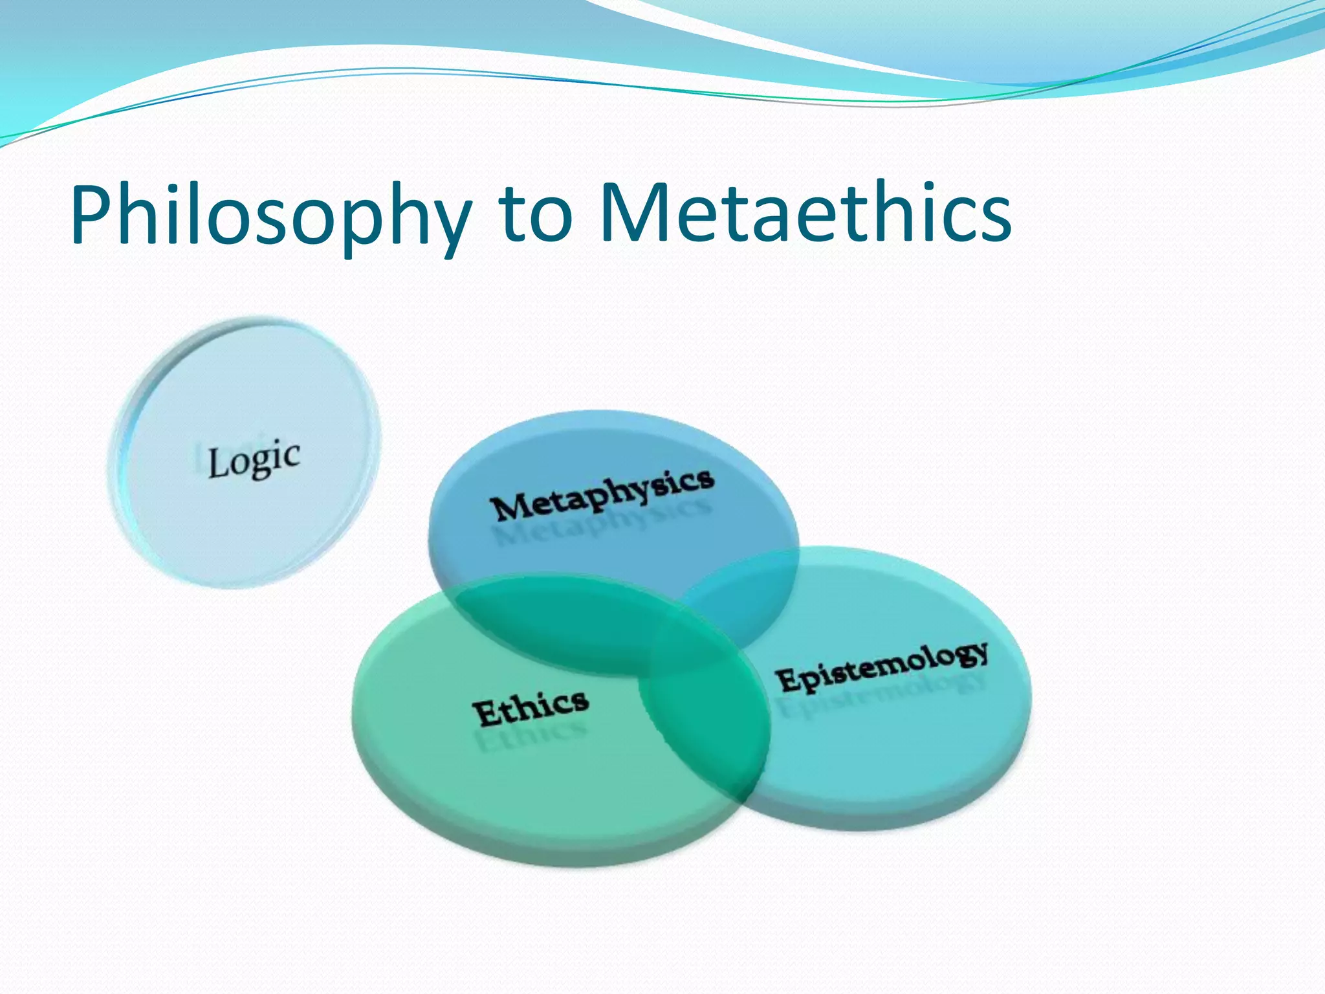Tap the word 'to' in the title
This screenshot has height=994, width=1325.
coord(536,214)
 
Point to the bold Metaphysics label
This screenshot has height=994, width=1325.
coord(602,494)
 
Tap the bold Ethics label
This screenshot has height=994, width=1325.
coord(531,707)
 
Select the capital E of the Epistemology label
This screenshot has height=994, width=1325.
coord(787,680)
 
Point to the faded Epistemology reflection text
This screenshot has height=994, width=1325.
coord(884,696)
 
